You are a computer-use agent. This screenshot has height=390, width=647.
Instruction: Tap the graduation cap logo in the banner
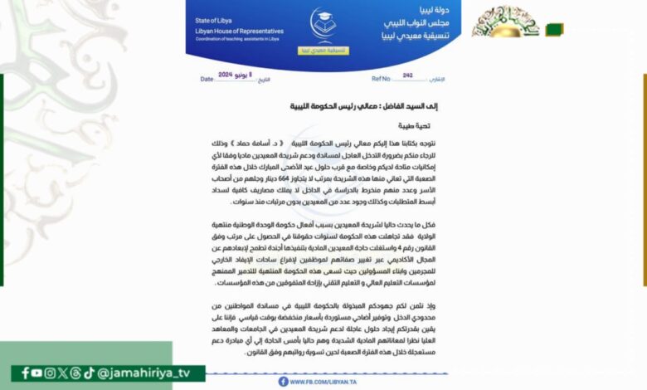(x=323, y=24)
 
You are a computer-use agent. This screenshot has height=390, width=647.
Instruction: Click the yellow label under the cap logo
(x=328, y=50)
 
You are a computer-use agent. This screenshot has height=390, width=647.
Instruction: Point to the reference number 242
(x=407, y=75)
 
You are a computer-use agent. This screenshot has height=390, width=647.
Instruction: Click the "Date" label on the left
(x=207, y=79)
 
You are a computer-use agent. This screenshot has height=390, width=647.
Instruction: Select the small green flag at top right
(x=553, y=29)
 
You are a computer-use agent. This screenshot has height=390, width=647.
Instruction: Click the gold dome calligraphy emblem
(x=506, y=22)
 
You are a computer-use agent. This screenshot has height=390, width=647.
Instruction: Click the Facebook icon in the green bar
(x=26, y=373)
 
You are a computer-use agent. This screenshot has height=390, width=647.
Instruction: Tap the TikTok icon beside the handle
(x=89, y=373)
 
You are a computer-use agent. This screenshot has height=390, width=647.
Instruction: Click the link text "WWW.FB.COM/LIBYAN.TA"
(x=323, y=382)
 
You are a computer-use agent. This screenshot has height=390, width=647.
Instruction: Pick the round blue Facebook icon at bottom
(x=284, y=382)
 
